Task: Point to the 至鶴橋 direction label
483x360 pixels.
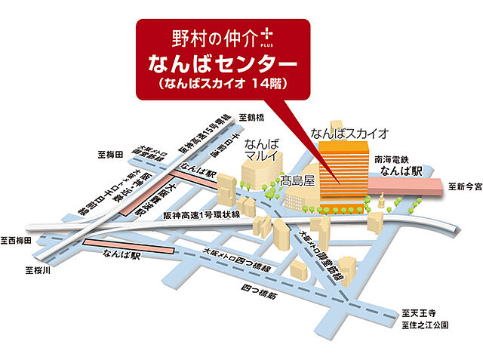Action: pyautogui.click(x=252, y=118)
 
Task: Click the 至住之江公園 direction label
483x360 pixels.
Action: pyautogui.click(x=425, y=325)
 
